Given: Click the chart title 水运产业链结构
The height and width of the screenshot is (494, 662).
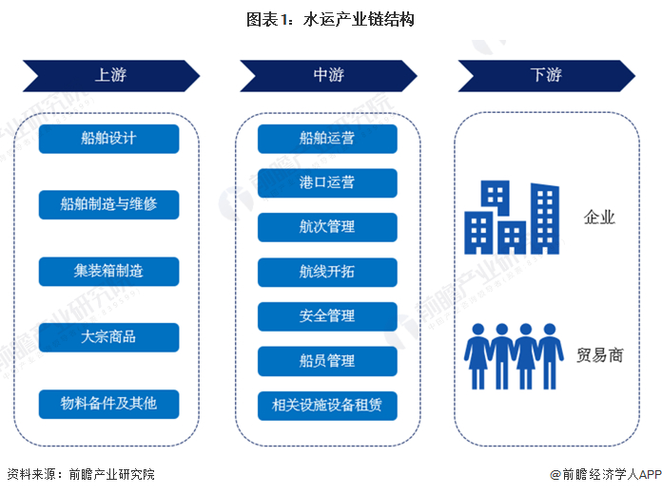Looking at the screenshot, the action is [x=330, y=19].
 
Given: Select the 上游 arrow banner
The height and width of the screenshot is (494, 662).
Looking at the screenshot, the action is [x=111, y=75].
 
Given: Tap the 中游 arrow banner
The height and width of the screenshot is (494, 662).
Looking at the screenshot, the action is [x=328, y=75].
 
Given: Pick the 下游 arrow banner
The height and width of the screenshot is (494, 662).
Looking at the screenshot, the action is [x=547, y=75].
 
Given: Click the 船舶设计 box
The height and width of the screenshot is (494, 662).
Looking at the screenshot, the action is [x=109, y=139].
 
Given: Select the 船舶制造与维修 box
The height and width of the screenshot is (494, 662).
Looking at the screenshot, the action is [x=109, y=204].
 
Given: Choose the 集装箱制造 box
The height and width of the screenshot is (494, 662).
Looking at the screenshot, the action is [x=109, y=272].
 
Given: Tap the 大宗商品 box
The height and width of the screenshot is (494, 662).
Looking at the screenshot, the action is [x=109, y=337].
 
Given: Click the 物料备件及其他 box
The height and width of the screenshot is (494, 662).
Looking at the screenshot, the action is [x=109, y=404].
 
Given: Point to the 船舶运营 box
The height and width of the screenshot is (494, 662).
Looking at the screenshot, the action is [x=327, y=139].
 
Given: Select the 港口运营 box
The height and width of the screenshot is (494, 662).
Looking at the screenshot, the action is [x=327, y=183].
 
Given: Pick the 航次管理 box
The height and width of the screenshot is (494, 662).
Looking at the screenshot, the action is [x=327, y=227].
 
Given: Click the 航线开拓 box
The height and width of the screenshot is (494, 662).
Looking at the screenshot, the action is [x=327, y=272].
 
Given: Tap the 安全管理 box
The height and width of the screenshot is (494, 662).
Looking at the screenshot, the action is [x=327, y=316].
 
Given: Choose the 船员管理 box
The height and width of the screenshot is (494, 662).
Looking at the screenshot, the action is [x=327, y=361].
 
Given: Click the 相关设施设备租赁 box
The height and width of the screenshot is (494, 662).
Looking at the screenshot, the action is [x=327, y=406].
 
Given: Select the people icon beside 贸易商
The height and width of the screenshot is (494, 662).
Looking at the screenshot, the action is [x=514, y=356].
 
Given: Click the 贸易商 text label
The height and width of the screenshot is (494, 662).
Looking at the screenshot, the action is [x=600, y=355].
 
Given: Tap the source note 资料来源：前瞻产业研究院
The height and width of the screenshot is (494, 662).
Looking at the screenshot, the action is [x=81, y=474].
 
